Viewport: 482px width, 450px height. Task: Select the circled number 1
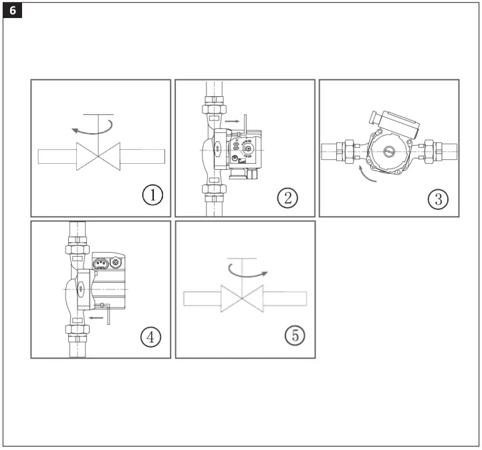153,196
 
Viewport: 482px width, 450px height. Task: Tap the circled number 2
287,197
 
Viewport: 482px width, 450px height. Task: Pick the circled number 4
150,337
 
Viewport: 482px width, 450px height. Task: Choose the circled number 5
294,336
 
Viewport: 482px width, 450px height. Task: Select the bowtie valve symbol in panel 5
242,298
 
